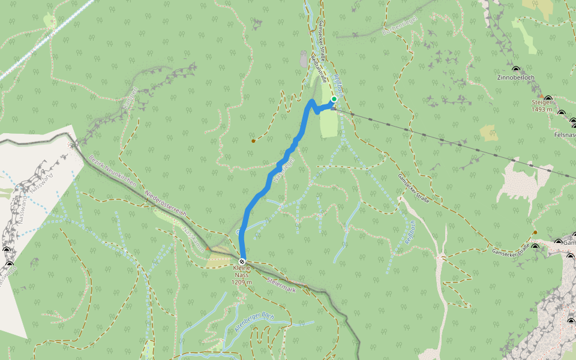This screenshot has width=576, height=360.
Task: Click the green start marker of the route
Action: point(334,99)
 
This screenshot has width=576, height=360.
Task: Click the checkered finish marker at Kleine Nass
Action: point(242,262)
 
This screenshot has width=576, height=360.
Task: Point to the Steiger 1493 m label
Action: point(541,106)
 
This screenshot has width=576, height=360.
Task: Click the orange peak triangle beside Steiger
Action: point(541,96)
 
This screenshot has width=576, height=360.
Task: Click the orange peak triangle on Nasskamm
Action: point(208,248)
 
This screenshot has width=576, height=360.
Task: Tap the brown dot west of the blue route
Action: point(253,141)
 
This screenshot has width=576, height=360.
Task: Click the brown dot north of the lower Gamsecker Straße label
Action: point(535,232)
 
